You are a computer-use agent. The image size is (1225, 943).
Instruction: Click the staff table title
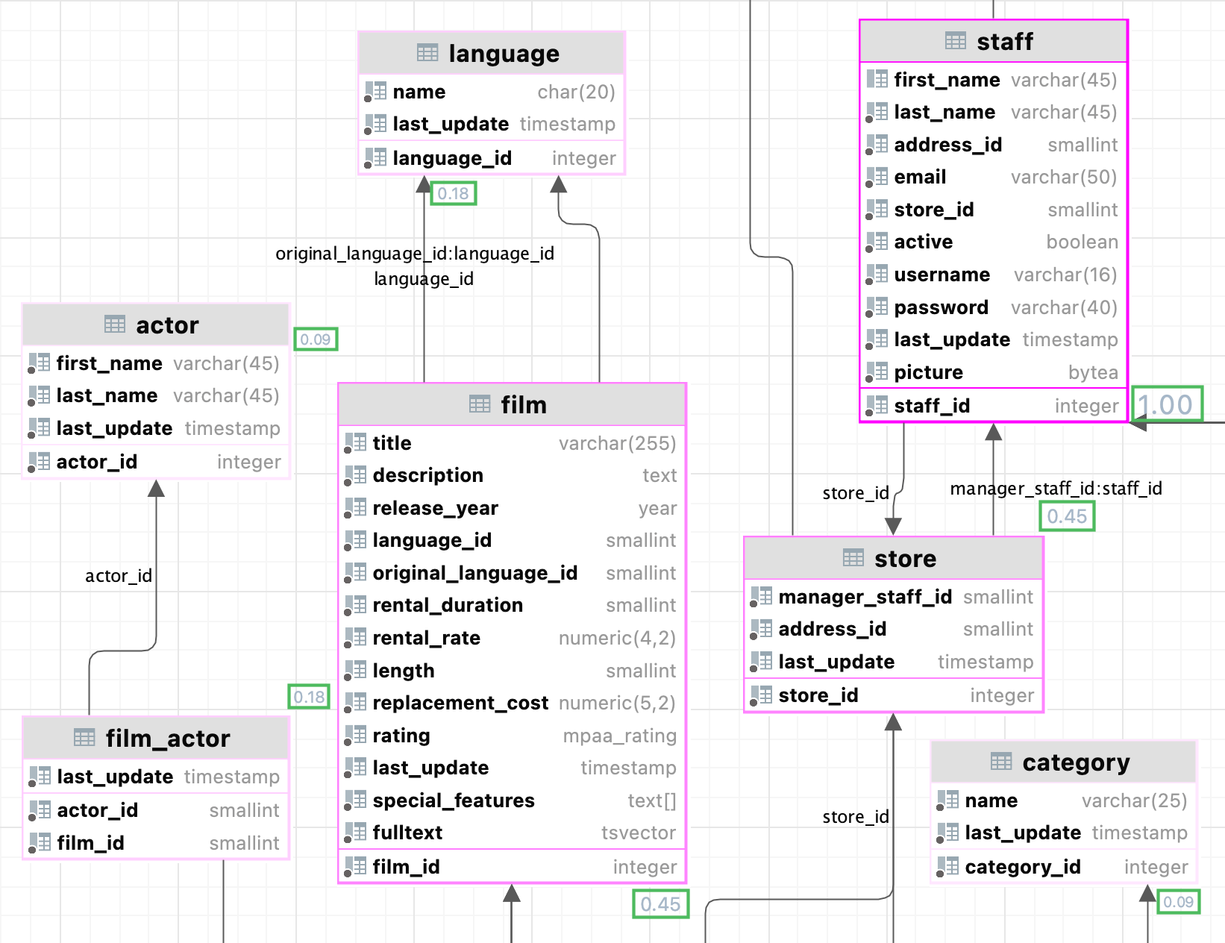(1004, 42)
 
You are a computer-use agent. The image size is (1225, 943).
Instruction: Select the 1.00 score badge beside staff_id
(1167, 405)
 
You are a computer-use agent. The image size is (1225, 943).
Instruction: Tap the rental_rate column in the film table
(426, 639)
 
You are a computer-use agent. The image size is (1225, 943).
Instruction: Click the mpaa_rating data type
(619, 736)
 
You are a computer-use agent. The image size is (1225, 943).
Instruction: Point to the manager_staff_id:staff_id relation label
(1056, 489)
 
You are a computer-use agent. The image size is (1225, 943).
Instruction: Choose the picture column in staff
(928, 372)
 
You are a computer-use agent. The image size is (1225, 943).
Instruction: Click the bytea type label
(1093, 372)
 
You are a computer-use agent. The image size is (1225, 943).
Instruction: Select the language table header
(504, 54)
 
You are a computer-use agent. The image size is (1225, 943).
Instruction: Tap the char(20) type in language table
(576, 92)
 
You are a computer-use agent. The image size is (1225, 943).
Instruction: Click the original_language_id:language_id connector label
(415, 254)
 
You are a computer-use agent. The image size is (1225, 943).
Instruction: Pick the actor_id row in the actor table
(97, 463)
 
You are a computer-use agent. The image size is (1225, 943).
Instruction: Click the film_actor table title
(167, 739)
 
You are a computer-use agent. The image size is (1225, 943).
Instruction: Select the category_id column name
(1022, 867)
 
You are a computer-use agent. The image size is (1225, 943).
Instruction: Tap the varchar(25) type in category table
(1134, 801)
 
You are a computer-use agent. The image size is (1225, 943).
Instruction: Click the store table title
(905, 559)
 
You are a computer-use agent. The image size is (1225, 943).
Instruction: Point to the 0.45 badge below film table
(660, 904)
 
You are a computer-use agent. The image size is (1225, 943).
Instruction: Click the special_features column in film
(454, 801)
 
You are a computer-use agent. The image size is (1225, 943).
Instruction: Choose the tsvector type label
(639, 833)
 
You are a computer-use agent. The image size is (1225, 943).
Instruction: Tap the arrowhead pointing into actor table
(156, 489)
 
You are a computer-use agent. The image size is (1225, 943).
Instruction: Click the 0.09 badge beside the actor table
(316, 339)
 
